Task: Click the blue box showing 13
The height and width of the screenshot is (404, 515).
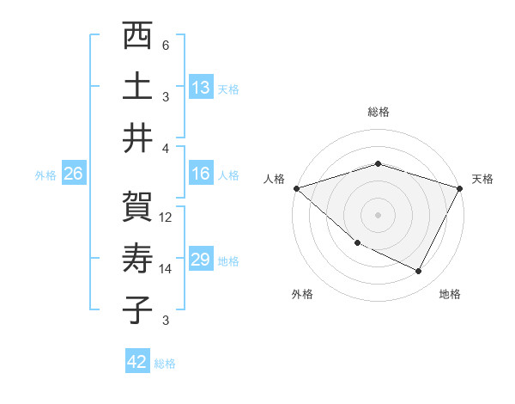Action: pyautogui.click(x=201, y=88)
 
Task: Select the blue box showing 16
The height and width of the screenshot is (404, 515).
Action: pyautogui.click(x=201, y=174)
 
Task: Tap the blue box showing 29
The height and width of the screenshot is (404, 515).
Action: pyautogui.click(x=201, y=260)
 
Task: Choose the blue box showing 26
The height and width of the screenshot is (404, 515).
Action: pyautogui.click(x=73, y=174)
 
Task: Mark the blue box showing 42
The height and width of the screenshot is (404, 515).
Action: pyautogui.click(x=137, y=362)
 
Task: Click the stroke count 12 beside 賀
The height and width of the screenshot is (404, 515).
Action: pyautogui.click(x=166, y=217)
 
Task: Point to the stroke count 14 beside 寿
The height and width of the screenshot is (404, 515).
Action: pyautogui.click(x=166, y=269)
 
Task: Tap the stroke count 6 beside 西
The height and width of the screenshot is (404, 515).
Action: pyautogui.click(x=165, y=46)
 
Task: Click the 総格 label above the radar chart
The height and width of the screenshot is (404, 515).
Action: pyautogui.click(x=378, y=112)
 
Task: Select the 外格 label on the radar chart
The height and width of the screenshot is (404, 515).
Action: pyautogui.click(x=302, y=294)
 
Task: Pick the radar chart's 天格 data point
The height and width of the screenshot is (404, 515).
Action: pyautogui.click(x=460, y=188)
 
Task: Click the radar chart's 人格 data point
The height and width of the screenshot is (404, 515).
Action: pyautogui.click(x=296, y=188)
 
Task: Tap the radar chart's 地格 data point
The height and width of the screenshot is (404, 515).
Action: pyautogui.click(x=419, y=272)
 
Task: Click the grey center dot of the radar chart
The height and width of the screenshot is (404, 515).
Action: pyautogui.click(x=378, y=215)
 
